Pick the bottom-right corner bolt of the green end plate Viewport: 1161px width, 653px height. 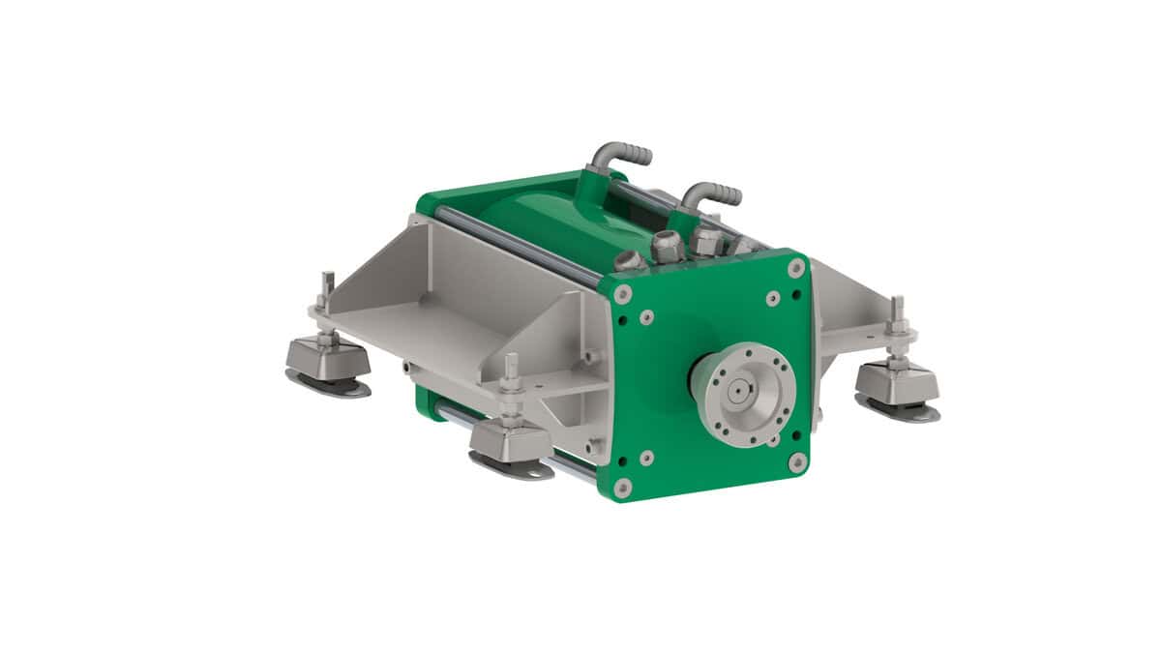[x=797, y=462]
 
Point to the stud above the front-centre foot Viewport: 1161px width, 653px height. [x=511, y=372]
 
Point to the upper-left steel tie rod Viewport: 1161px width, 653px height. [x=513, y=244]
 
